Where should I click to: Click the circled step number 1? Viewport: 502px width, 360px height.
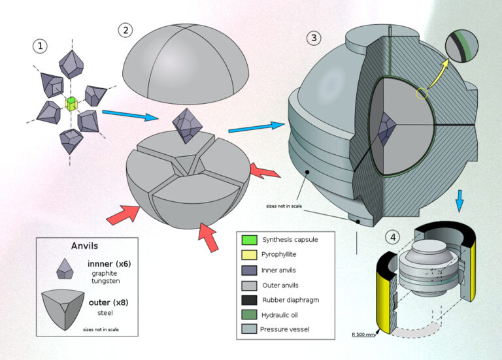point(41,46)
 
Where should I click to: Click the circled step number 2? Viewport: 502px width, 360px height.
point(125,29)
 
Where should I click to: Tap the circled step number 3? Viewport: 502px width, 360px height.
point(314,37)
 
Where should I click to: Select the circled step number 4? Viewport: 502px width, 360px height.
point(392,237)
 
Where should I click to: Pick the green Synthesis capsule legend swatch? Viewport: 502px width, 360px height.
point(248,240)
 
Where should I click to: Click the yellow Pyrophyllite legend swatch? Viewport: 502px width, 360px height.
point(248,255)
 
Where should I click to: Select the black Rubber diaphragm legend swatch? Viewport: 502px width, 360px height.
point(248,299)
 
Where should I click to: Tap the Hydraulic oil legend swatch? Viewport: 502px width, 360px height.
point(248,314)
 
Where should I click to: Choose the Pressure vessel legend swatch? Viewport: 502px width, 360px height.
point(248,329)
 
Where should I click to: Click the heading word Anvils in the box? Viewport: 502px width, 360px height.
point(85,246)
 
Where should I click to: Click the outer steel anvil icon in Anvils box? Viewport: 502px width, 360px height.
point(65,308)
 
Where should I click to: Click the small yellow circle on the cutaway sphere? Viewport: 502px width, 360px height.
point(422,94)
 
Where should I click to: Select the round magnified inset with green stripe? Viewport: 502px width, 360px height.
point(462,47)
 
